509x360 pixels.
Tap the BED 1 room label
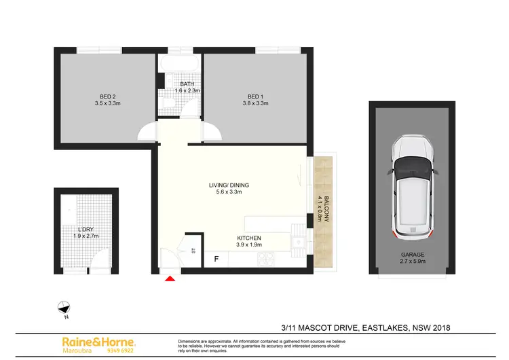256,96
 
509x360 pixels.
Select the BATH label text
178,84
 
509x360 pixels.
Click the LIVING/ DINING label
225,185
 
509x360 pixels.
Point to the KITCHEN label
249,238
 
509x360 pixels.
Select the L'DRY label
86,228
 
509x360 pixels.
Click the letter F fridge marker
216,259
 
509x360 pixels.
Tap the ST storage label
193,251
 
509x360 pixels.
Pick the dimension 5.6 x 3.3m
225,192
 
